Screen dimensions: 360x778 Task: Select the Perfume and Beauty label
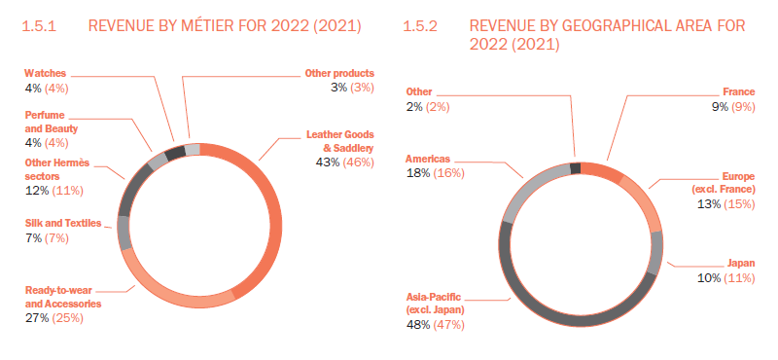pyautogui.click(x=51, y=122)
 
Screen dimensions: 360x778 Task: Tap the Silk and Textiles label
pyautogui.click(x=63, y=223)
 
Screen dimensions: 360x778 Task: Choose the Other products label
pyautogui.click(x=339, y=73)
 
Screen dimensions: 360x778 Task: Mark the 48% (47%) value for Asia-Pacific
pyautogui.click(x=435, y=324)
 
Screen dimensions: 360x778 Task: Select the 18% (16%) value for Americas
pyautogui.click(x=435, y=172)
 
